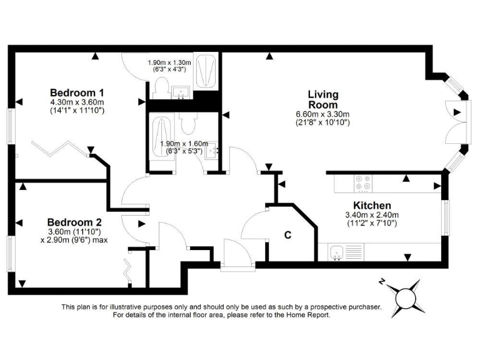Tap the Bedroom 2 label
[x=74, y=222]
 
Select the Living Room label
[x=322, y=99]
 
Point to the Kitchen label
[x=372, y=206]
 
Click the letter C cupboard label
[x=288, y=235]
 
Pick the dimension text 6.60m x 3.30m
[x=322, y=114]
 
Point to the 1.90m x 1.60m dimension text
[x=184, y=143]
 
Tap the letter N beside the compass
[x=381, y=282]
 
